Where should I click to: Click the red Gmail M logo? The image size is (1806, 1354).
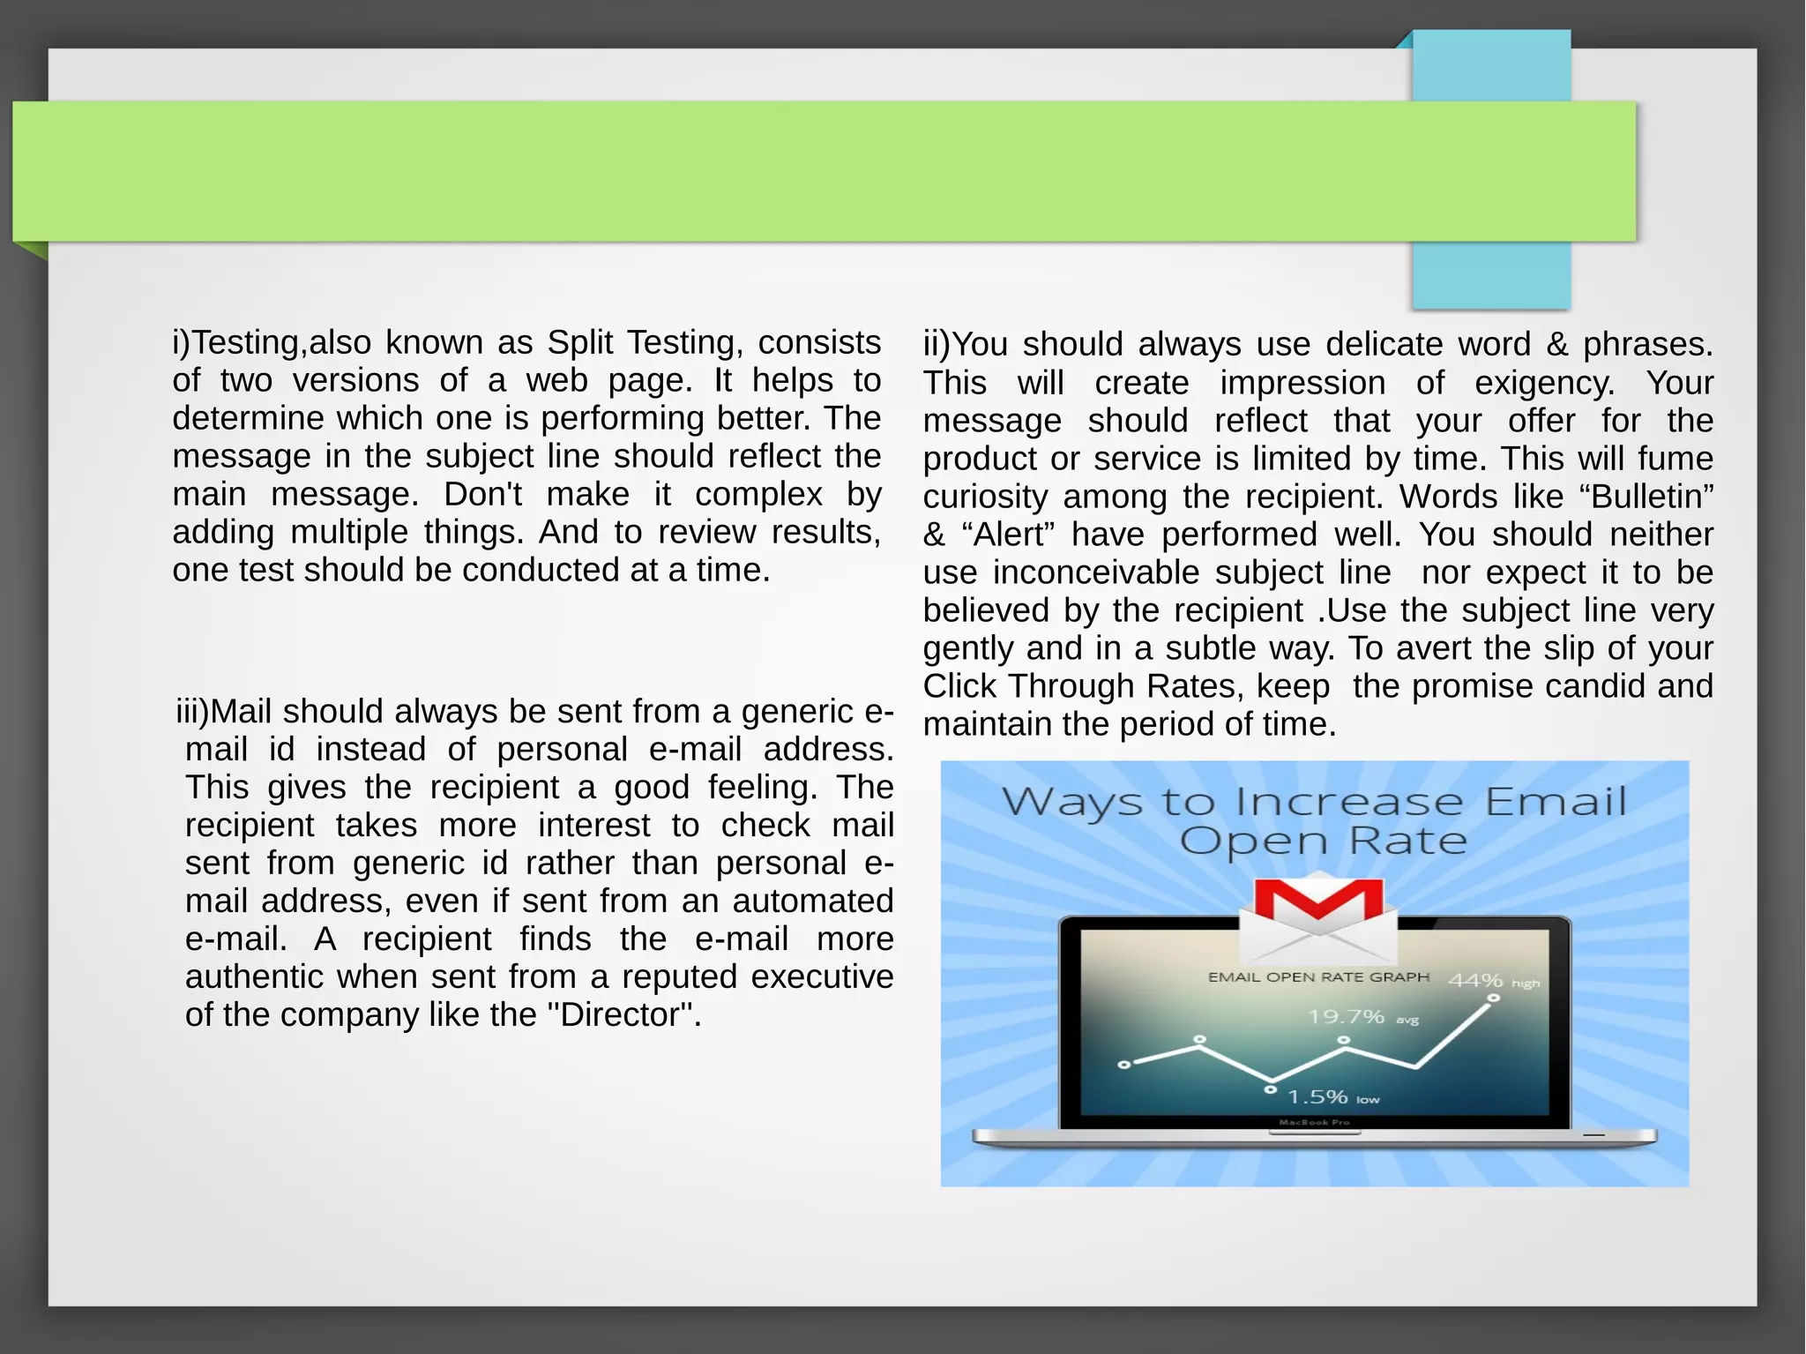click(x=1319, y=901)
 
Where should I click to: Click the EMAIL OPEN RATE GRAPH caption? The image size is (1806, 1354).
click(x=1318, y=977)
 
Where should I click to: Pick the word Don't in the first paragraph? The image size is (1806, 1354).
click(x=482, y=494)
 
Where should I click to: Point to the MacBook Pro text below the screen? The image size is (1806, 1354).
click(x=1314, y=1123)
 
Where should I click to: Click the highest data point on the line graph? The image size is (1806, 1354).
click(x=1493, y=999)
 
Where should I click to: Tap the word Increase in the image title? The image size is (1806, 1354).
click(x=1349, y=802)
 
